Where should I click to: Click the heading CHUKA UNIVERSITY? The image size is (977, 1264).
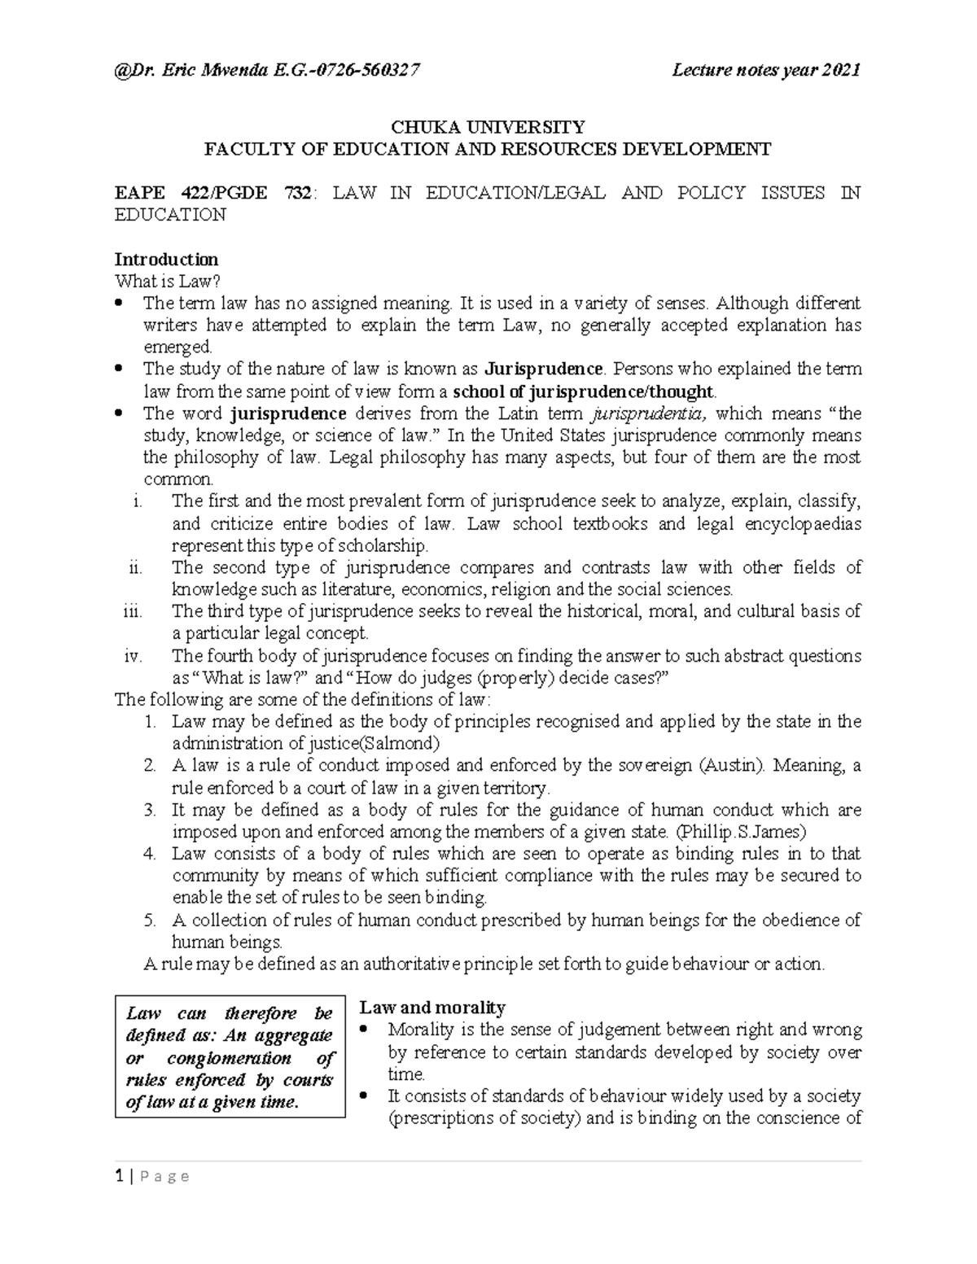[x=488, y=127]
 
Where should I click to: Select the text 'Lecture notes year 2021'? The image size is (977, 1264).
[x=765, y=71]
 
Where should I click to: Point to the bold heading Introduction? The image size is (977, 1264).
[x=166, y=260]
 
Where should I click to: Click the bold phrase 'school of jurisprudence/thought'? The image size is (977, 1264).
[x=583, y=391]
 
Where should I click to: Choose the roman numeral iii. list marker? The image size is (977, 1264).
[x=131, y=611]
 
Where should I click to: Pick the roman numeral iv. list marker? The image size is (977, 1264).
[x=132, y=656]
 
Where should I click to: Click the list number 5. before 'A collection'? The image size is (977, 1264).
[x=148, y=921]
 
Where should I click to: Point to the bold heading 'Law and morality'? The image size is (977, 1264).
[x=432, y=1008]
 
